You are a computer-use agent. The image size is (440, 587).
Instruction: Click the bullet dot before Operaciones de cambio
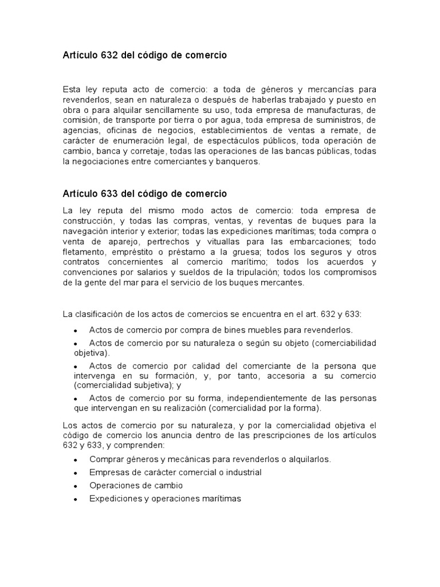coord(76,486)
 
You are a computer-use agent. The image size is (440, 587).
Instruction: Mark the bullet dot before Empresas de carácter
coord(76,473)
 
